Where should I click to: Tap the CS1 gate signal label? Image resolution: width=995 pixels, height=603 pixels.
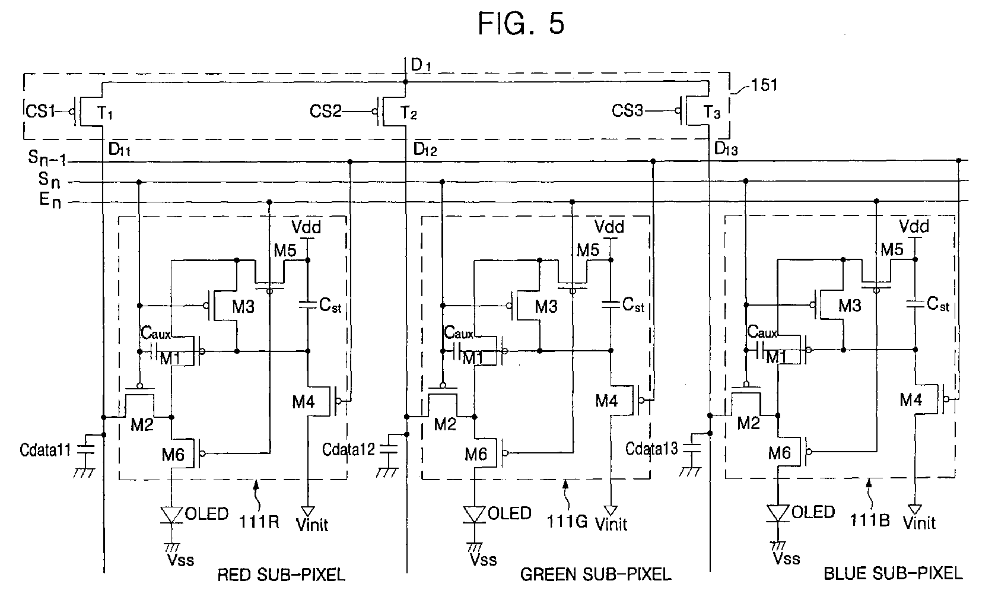pos(40,111)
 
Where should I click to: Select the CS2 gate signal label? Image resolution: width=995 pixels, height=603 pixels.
pos(325,111)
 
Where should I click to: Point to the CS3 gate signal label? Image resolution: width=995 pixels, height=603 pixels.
pos(627,110)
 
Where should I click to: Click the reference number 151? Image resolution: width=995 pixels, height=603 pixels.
pos(764,85)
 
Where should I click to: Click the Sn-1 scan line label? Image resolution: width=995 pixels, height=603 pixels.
pos(47,158)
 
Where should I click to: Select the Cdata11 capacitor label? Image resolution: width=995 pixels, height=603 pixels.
pos(45,450)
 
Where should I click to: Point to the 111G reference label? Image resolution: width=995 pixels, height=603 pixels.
pos(567,521)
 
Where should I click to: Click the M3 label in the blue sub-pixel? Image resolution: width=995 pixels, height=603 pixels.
pos(850,306)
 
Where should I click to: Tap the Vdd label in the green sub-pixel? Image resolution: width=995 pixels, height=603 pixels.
pos(609,227)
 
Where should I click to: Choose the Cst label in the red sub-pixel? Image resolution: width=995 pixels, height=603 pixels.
pos(330,305)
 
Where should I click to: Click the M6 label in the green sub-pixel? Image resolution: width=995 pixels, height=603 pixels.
pos(476,454)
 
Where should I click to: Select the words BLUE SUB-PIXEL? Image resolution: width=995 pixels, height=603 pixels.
pos(894,574)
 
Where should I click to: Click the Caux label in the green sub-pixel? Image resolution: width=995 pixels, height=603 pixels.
pos(459,332)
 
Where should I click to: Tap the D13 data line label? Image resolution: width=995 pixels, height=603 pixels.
pos(726,149)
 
